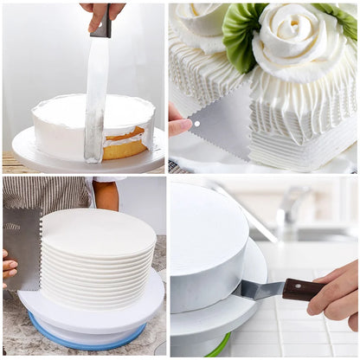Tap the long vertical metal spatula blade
(x=95, y=95)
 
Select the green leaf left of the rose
(x=241, y=35)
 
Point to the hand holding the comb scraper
(x=8, y=267)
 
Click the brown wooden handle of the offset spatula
(x=303, y=290)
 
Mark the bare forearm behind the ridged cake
(x=107, y=195)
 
